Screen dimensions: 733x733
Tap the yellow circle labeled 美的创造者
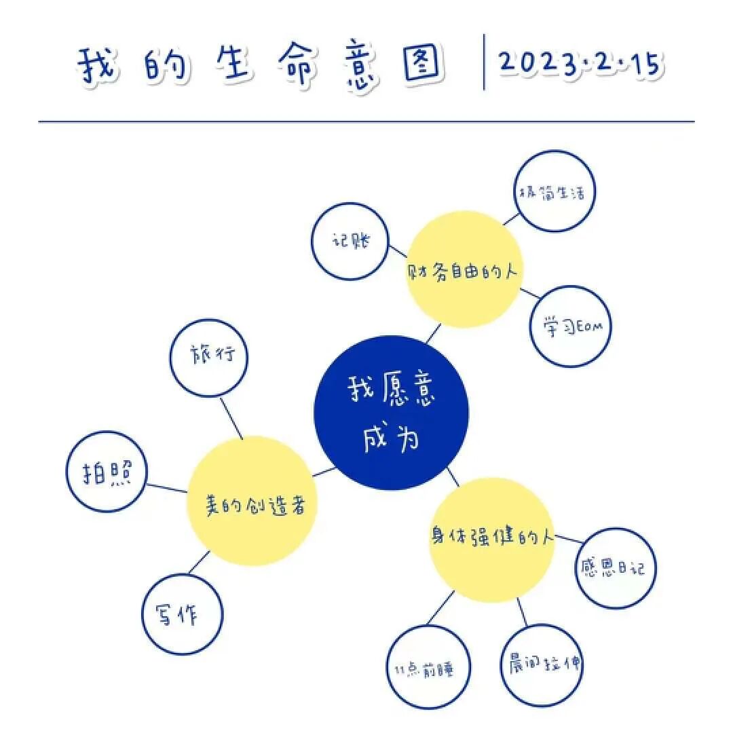point(252,502)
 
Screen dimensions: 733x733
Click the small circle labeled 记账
point(350,241)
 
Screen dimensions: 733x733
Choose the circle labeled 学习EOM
point(569,326)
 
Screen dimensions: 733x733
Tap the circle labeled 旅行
point(210,356)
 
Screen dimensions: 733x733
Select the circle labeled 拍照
point(107,471)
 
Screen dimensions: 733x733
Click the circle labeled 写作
point(182,614)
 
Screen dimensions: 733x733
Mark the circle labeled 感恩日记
point(616,567)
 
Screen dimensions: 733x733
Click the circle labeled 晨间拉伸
point(542,664)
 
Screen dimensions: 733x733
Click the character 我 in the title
point(98,65)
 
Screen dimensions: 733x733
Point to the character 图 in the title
point(424,65)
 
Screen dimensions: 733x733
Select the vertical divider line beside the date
point(484,62)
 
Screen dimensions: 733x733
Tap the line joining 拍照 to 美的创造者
point(166,488)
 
